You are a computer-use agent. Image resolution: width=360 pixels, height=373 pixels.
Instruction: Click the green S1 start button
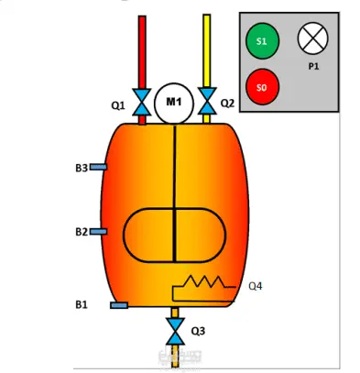tap(262, 40)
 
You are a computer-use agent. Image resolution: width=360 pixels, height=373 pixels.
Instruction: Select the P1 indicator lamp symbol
tap(312, 38)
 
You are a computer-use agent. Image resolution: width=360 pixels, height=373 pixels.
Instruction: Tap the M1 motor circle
tap(174, 104)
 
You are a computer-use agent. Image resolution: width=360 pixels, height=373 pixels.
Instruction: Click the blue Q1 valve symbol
tap(142, 102)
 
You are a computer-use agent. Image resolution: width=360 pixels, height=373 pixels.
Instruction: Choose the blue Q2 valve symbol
tap(207, 101)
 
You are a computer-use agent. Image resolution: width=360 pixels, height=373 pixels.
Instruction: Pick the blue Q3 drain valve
tap(175, 331)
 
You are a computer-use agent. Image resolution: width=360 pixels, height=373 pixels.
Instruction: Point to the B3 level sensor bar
tap(98, 167)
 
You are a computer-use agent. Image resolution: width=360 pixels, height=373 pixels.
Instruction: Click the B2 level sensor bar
tap(98, 232)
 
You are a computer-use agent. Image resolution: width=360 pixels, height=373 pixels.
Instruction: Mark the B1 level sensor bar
tap(119, 305)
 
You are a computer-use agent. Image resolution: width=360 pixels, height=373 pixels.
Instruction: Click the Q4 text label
tap(256, 286)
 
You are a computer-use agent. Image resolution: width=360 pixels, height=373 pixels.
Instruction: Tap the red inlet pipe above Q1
tap(142, 52)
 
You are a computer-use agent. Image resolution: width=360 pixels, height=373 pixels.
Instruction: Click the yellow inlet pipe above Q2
tap(207, 51)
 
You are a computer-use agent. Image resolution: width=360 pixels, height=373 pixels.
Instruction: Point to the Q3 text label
tap(198, 331)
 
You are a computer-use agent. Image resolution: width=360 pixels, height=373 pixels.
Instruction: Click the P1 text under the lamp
tap(313, 66)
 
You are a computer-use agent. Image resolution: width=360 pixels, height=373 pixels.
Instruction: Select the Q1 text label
tap(118, 106)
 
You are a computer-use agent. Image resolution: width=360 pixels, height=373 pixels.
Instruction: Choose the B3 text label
tap(82, 168)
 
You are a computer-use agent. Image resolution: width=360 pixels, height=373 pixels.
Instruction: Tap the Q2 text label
tap(227, 104)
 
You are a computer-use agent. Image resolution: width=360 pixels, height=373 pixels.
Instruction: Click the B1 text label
tap(82, 304)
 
